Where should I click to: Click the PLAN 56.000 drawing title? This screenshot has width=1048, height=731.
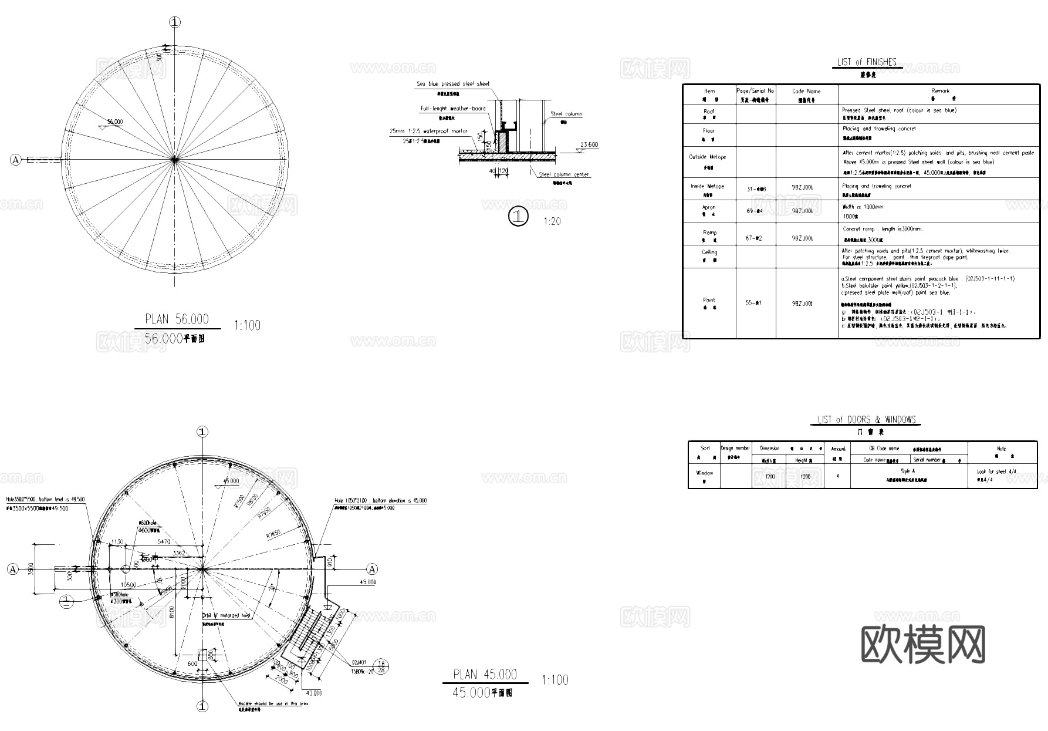pyautogui.click(x=177, y=319)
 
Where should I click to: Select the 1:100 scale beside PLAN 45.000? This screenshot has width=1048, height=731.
pyautogui.click(x=555, y=680)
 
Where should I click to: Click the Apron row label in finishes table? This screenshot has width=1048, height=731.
pyautogui.click(x=709, y=207)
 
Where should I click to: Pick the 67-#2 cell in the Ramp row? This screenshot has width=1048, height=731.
pyautogui.click(x=754, y=238)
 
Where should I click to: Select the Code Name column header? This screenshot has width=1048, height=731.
pyautogui.click(x=806, y=92)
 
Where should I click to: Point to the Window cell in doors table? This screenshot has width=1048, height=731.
pyautogui.click(x=704, y=473)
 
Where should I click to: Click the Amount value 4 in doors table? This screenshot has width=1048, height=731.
pyautogui.click(x=837, y=476)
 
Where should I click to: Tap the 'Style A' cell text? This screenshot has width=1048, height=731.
pyautogui.click(x=908, y=471)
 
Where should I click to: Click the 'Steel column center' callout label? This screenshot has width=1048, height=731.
pyautogui.click(x=564, y=174)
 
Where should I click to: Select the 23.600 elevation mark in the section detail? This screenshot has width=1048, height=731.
pyautogui.click(x=589, y=145)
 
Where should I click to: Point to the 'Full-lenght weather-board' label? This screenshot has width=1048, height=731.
pyautogui.click(x=452, y=109)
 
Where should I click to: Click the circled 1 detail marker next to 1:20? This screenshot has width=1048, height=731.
pyautogui.click(x=518, y=217)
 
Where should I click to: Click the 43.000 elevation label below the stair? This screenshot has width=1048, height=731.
pyautogui.click(x=313, y=693)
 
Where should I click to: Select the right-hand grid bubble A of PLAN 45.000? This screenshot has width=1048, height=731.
pyautogui.click(x=372, y=569)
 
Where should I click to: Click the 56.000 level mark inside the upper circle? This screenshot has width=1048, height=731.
pyautogui.click(x=114, y=122)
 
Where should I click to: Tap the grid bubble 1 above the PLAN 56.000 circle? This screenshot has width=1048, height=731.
pyautogui.click(x=174, y=22)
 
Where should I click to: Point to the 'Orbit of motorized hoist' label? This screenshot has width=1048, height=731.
pyautogui.click(x=226, y=616)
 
